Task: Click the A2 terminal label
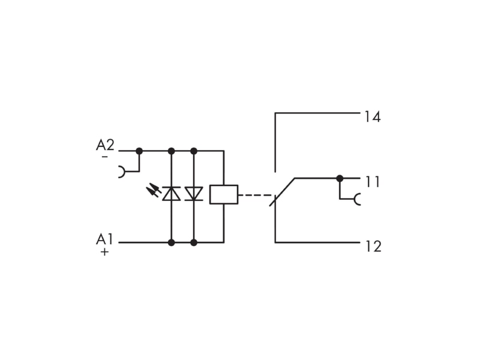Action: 105,145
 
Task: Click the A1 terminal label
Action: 104,239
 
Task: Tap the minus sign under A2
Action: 104,157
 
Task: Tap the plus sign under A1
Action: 104,252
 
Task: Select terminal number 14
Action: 373,117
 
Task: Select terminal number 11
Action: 373,182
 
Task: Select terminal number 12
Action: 373,247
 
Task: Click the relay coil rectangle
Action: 224,194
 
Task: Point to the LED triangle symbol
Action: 172,193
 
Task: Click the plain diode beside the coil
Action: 194,194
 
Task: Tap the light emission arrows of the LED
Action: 154,190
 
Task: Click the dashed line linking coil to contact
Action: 256,195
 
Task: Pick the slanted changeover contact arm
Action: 282,192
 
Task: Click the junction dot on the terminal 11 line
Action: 340,178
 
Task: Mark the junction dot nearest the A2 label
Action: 139,151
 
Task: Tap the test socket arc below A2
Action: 122,172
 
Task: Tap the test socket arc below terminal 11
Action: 357,199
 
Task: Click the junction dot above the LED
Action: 172,151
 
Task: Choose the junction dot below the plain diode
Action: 194,243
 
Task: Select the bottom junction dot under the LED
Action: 172,243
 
